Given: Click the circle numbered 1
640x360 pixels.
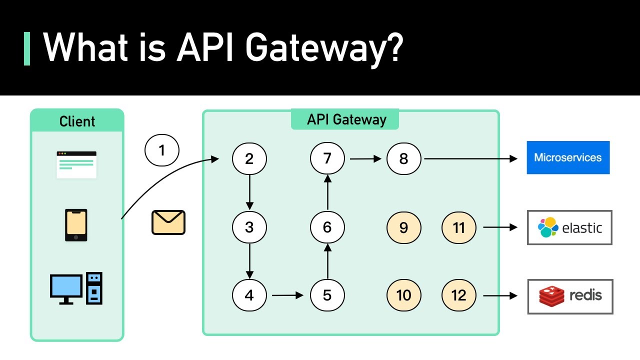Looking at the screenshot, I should [x=161, y=150].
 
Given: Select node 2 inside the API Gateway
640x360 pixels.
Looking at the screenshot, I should [x=249, y=159].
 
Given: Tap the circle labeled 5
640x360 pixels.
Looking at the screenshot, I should [x=327, y=295].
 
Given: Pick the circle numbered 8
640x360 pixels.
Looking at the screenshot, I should [x=404, y=159].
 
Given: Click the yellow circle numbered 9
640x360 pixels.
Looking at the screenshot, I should [x=404, y=227].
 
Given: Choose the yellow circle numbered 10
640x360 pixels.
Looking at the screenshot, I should [x=404, y=295].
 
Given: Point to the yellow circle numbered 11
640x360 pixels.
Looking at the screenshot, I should [x=458, y=227].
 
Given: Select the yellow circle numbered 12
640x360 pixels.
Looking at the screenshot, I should [x=458, y=295].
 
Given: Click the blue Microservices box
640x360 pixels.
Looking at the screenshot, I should [x=568, y=157].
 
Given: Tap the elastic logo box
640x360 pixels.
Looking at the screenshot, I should [x=569, y=227].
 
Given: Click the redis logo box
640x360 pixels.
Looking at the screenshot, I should [x=570, y=296].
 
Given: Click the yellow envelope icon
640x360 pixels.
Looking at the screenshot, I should [x=168, y=222].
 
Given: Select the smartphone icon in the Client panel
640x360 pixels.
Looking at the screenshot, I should [x=76, y=225].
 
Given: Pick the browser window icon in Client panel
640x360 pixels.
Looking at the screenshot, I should [x=76, y=164].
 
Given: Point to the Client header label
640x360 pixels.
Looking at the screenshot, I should [x=77, y=121].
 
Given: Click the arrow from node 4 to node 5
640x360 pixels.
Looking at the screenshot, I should [x=287, y=295].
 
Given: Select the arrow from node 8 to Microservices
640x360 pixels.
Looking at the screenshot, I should [x=470, y=159].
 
